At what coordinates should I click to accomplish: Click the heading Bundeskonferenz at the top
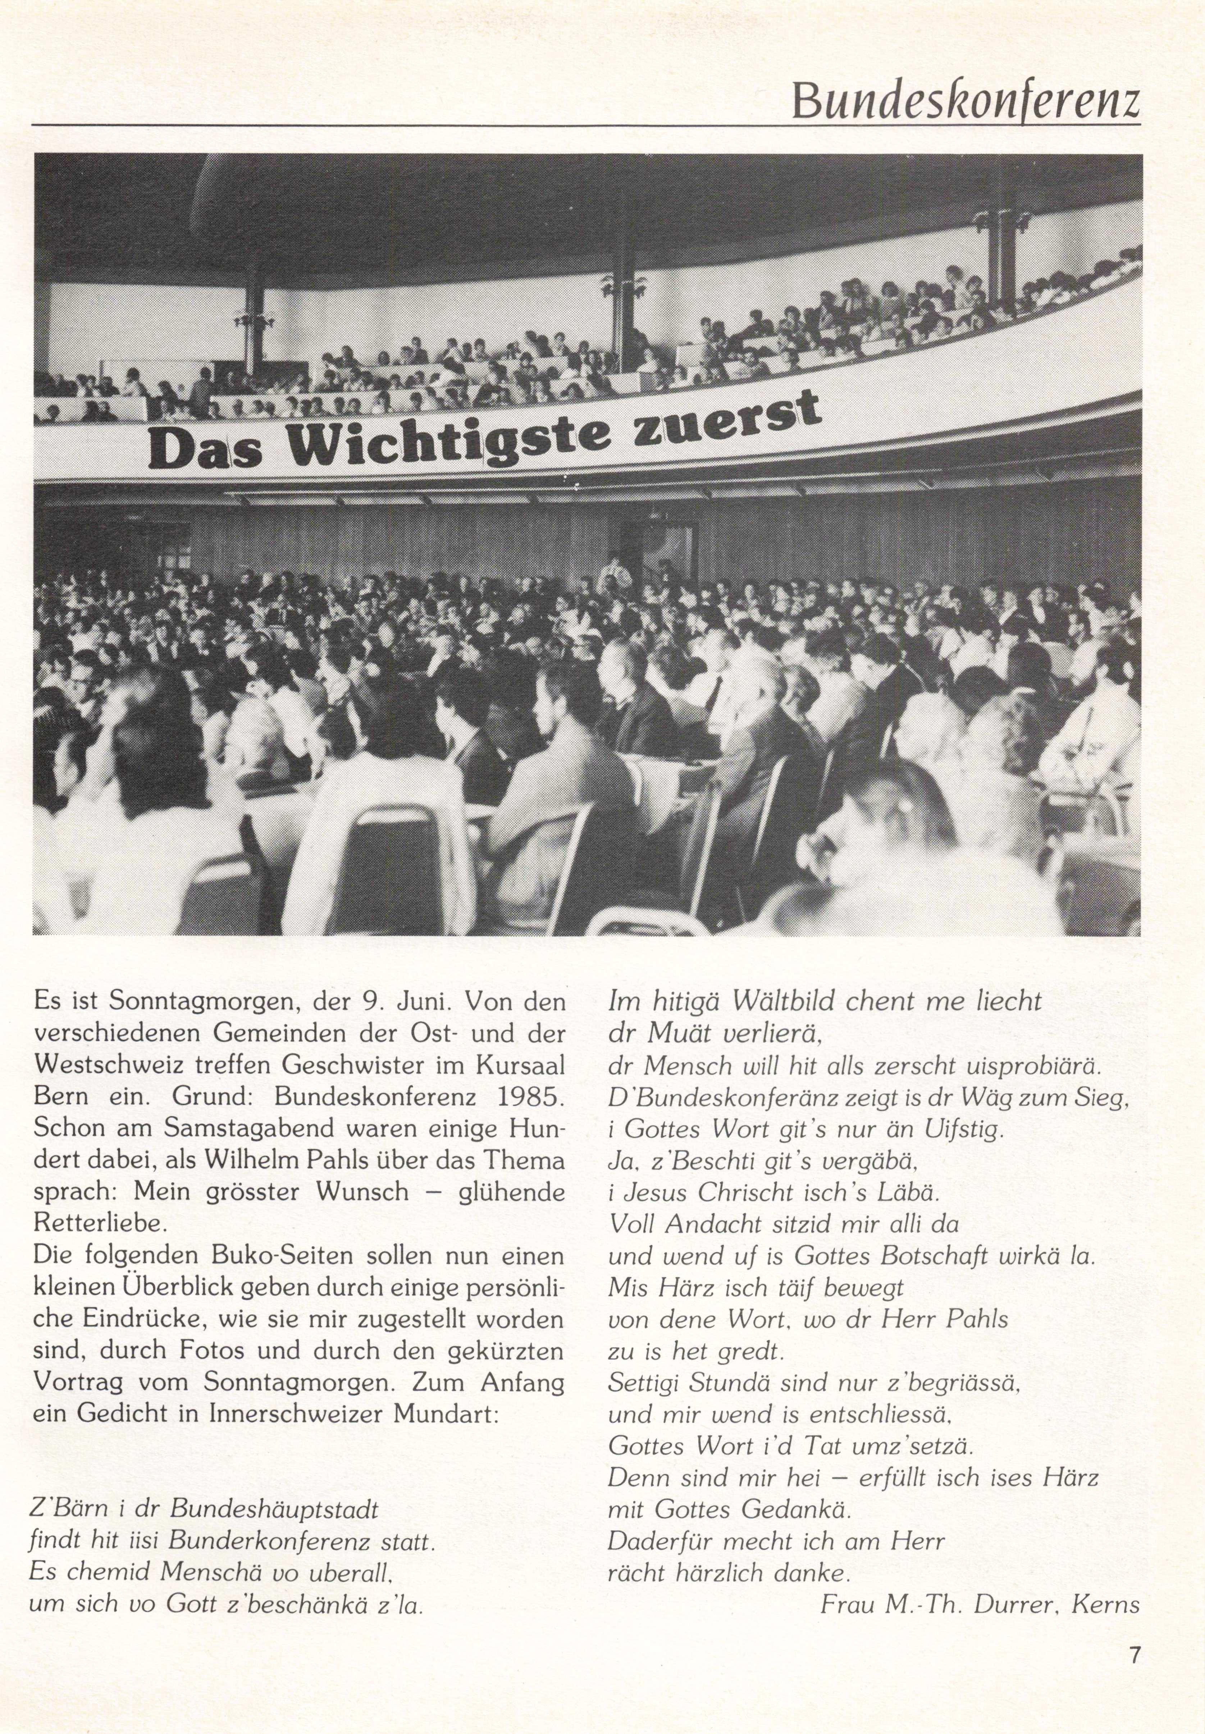point(965,100)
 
